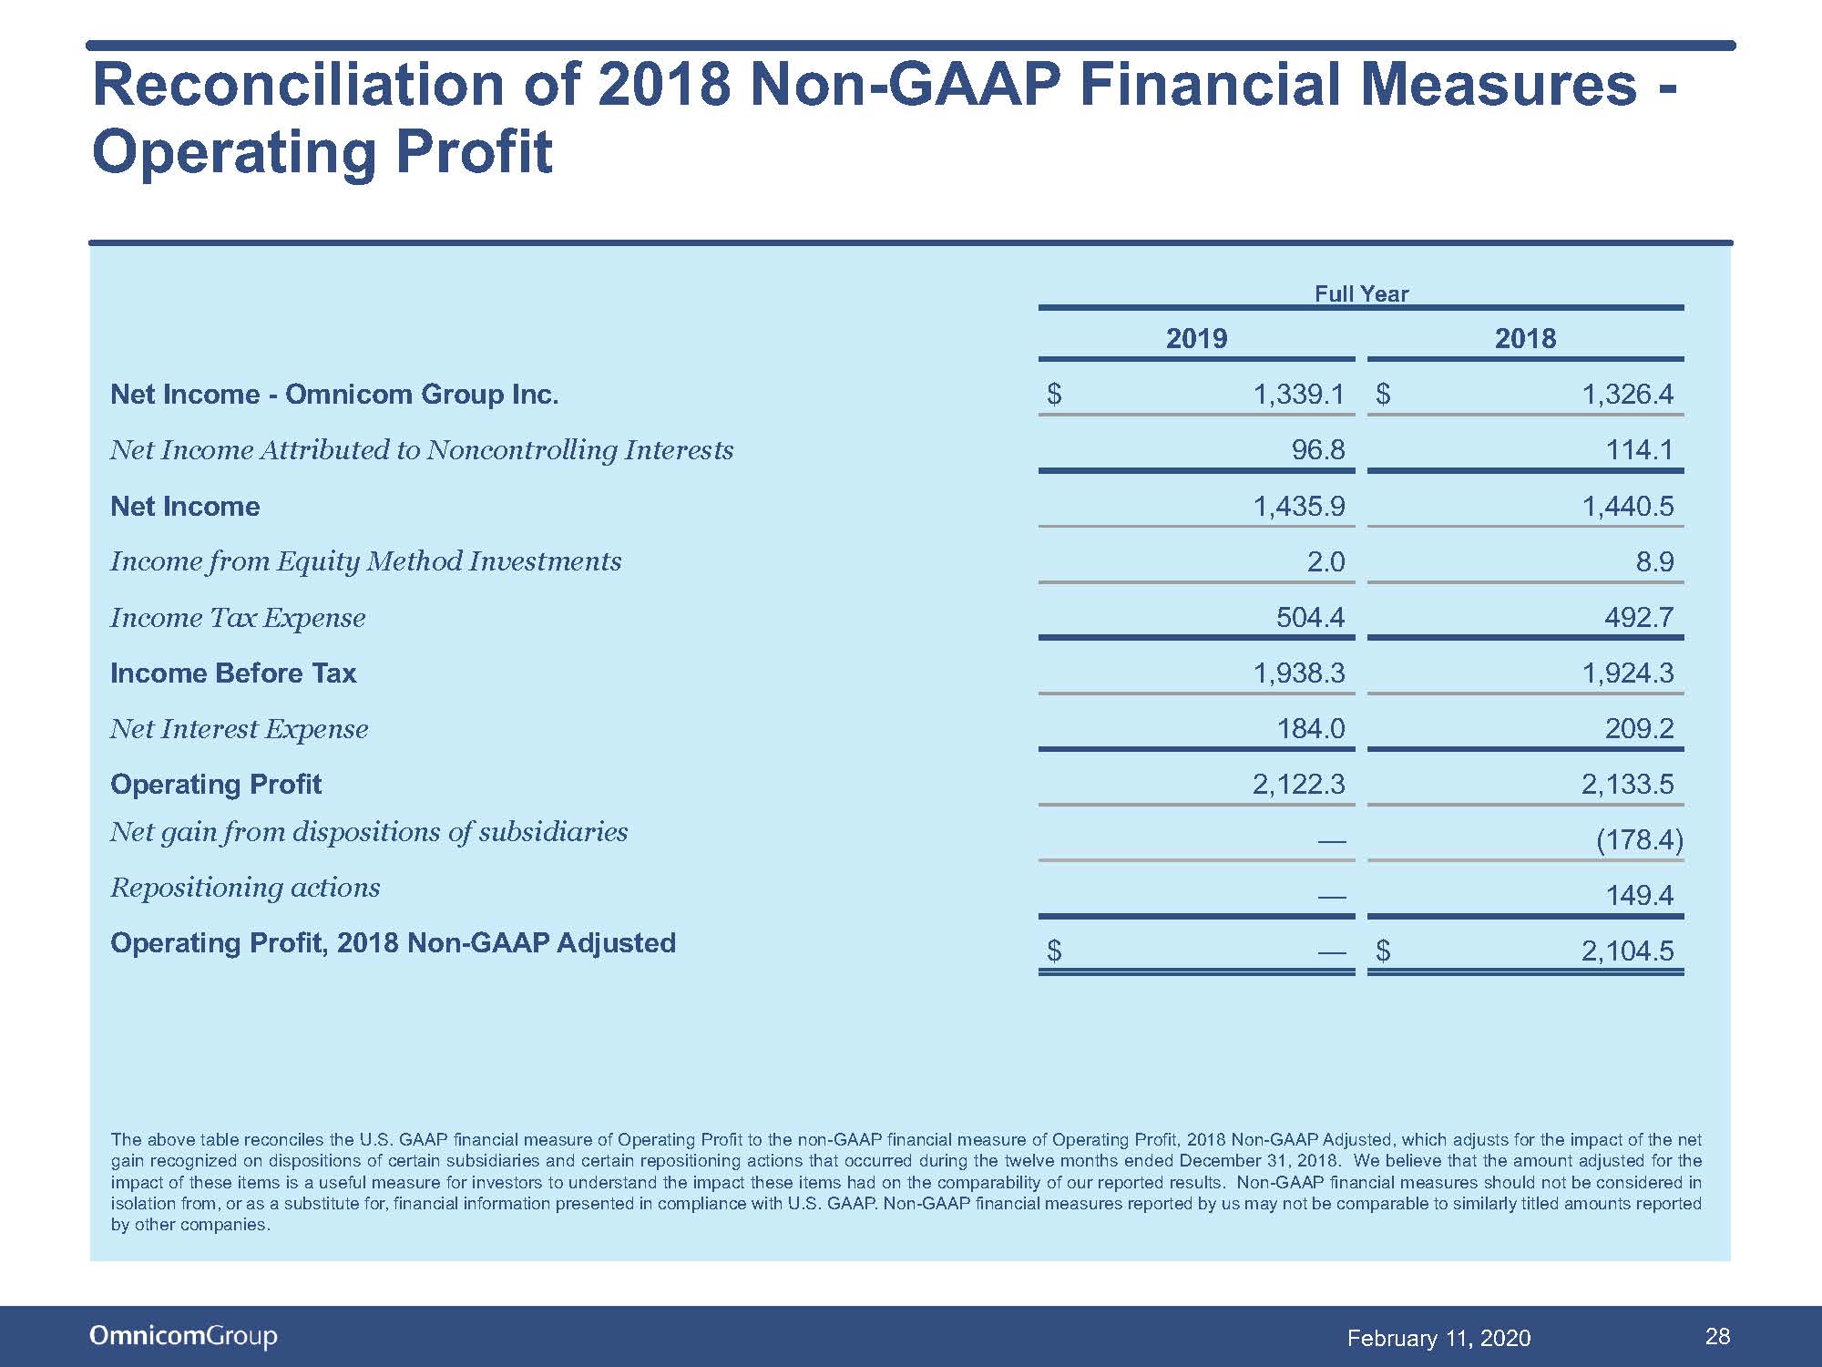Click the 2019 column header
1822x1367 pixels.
[1196, 338]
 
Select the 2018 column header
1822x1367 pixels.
[1525, 338]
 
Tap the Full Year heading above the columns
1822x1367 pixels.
[1361, 293]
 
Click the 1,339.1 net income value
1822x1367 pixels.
[1299, 394]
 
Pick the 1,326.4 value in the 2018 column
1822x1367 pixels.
[1628, 394]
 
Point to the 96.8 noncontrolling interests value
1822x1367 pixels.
[1318, 449]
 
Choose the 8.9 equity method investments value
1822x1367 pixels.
[1654, 561]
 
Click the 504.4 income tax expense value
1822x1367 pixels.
[1310, 617]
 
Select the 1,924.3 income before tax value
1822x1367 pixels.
[1628, 673]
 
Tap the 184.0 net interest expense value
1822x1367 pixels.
[1310, 728]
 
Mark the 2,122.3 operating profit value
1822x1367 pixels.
[1299, 784]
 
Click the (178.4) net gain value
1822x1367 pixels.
[1640, 839]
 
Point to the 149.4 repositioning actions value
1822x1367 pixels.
[1640, 895]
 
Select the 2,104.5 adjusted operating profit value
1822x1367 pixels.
[1628, 951]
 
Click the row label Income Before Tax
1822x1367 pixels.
[233, 673]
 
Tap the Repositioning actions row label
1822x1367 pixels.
[245, 888]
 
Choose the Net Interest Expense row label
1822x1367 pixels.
[240, 729]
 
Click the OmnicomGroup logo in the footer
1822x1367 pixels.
[183, 1336]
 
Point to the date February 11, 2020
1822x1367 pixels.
[1438, 1338]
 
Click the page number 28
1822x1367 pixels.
[1717, 1336]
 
